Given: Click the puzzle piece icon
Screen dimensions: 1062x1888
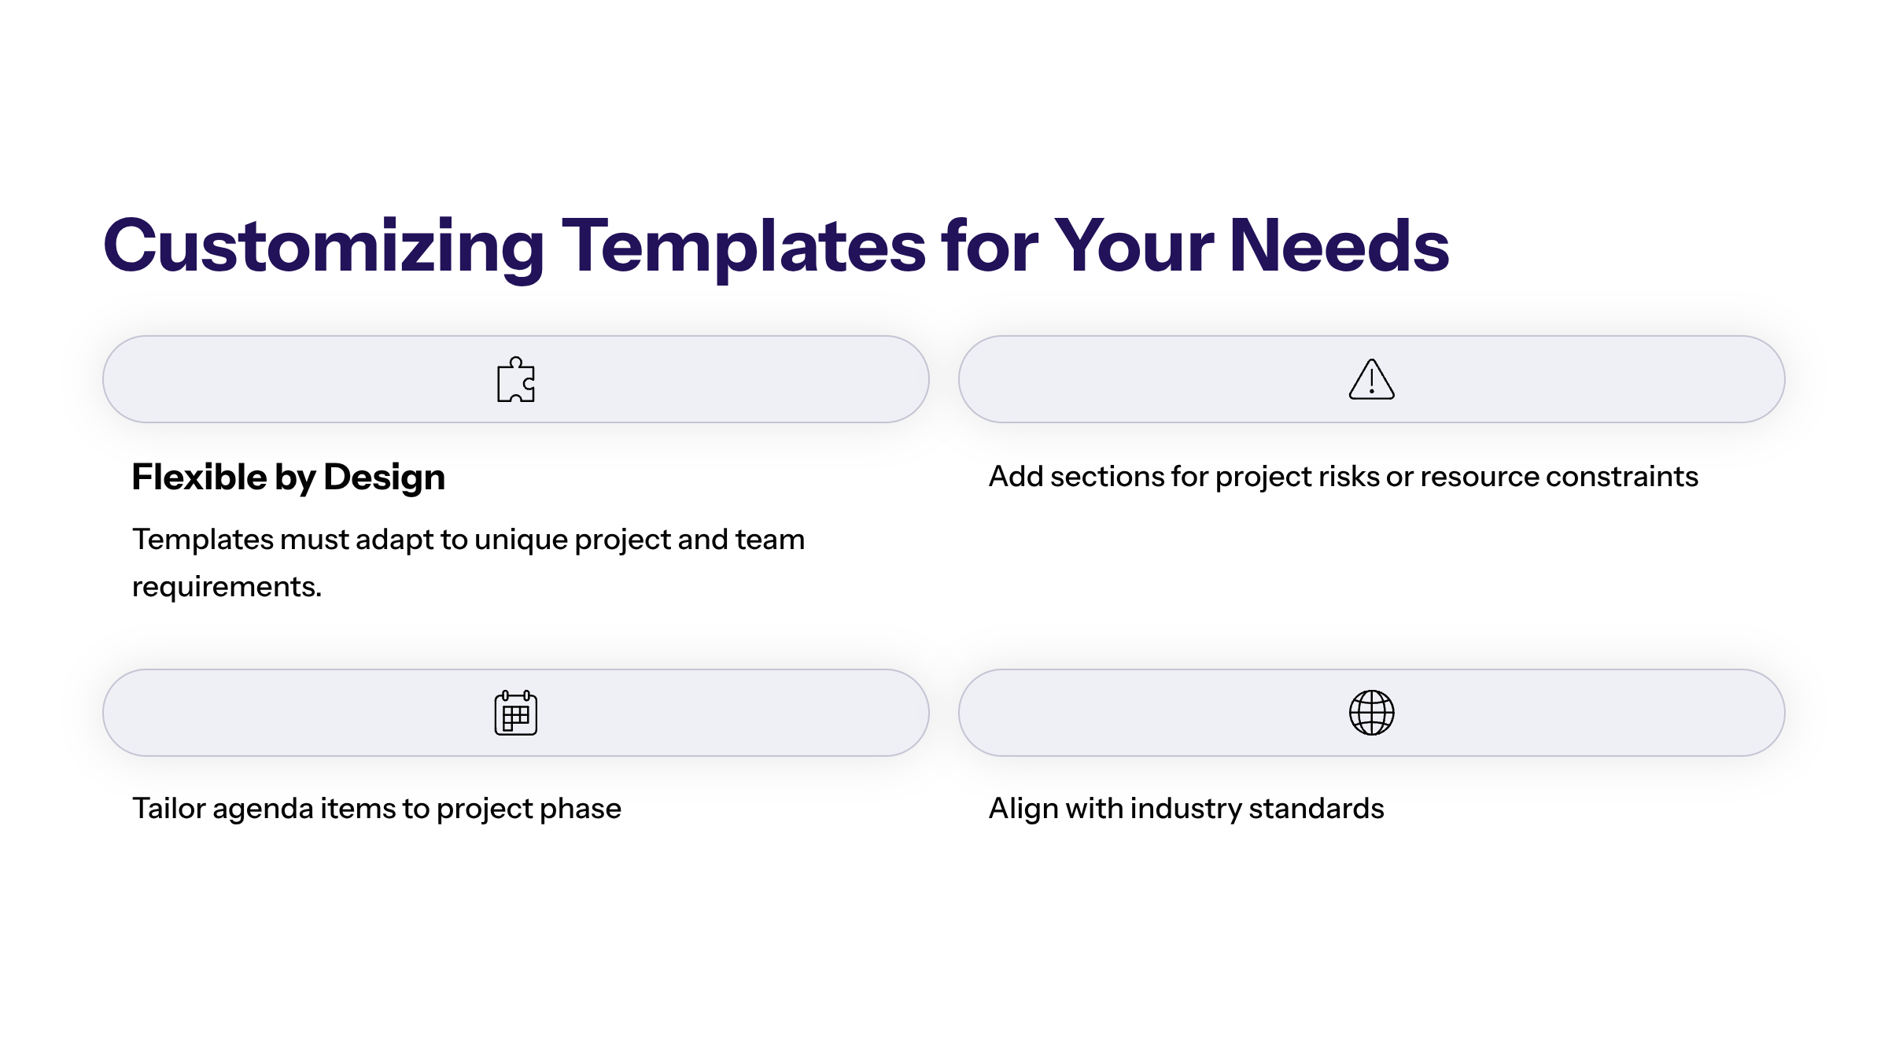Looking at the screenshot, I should [x=516, y=380].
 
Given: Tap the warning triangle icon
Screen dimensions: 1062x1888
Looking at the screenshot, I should [x=1371, y=380].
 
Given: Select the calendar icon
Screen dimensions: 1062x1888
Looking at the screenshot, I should [x=516, y=713].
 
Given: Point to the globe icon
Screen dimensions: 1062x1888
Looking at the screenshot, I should [x=1371, y=713].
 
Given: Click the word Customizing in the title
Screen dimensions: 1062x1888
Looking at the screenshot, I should [x=323, y=247].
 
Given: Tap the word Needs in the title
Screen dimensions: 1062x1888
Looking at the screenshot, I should [x=1338, y=247].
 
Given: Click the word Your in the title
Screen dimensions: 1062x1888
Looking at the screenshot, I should [x=1134, y=247].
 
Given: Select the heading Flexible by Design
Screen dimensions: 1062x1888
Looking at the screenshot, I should [x=288, y=478].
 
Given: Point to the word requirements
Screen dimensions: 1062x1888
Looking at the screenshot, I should [x=227, y=587].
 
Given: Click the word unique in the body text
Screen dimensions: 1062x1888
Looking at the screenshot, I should [x=521, y=540].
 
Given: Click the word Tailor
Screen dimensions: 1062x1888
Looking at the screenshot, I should [x=168, y=809].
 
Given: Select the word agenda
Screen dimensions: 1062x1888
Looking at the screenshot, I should [x=263, y=809].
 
